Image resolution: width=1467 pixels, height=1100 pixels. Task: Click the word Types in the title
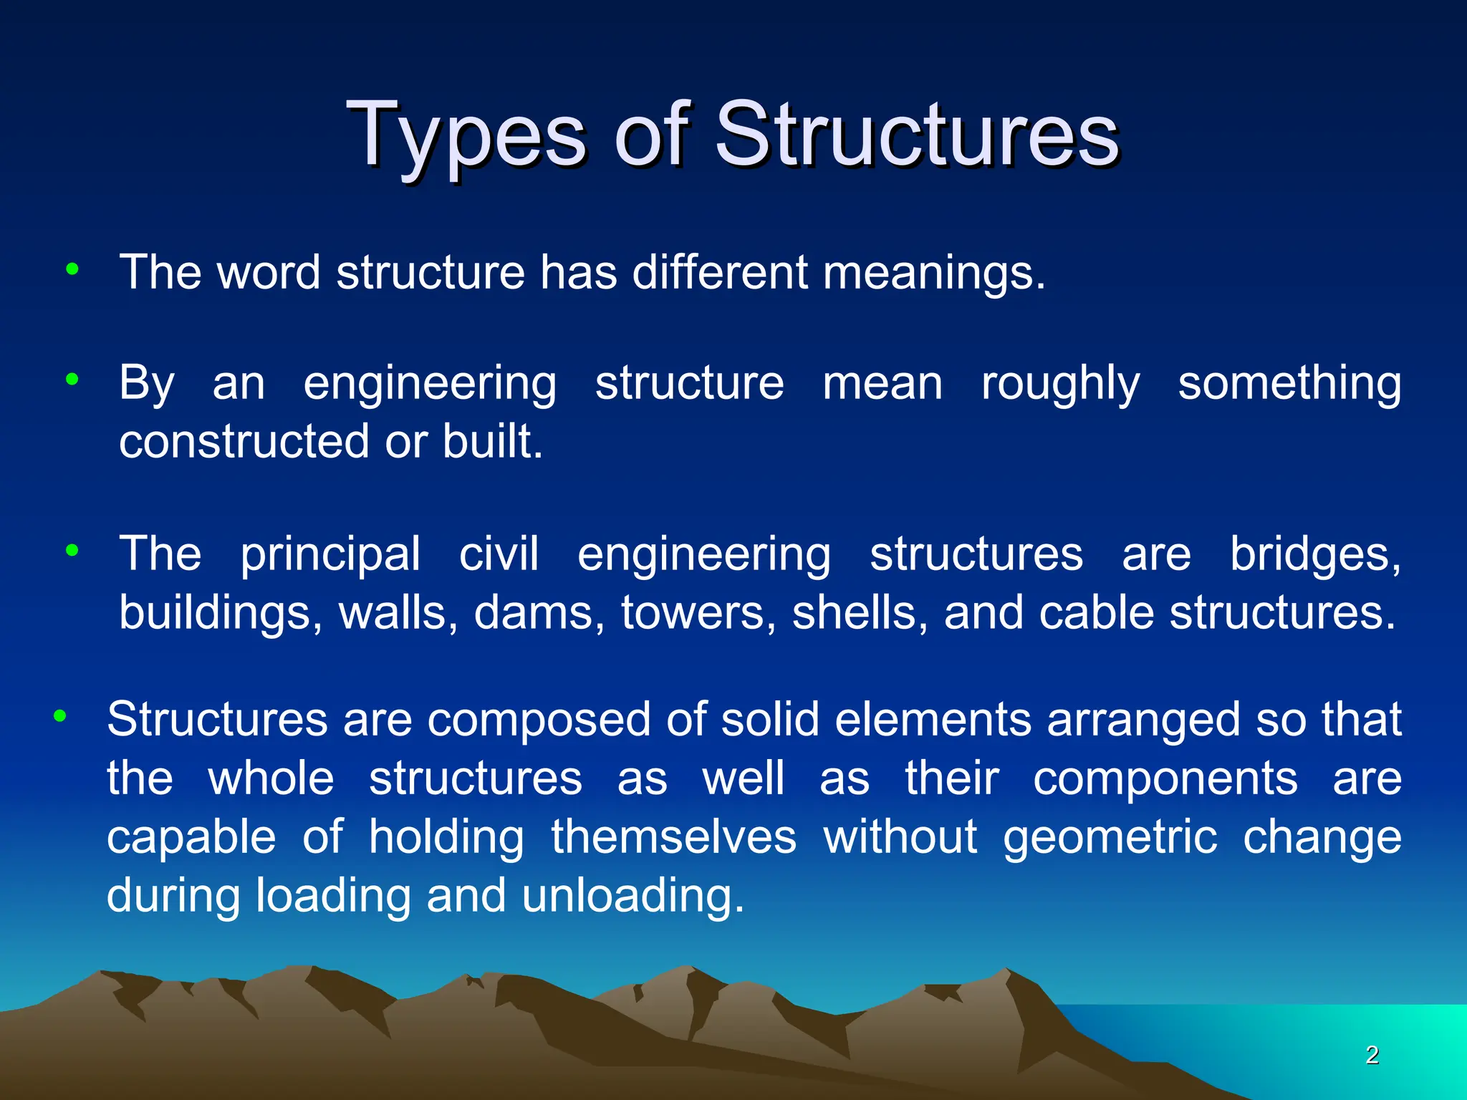[466, 136]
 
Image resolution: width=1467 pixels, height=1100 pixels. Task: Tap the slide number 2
[1372, 1054]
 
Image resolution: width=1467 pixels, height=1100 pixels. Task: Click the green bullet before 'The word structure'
[72, 270]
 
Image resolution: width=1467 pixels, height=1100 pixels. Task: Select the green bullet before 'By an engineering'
[72, 380]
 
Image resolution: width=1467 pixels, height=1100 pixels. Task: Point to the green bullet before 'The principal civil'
[72, 551]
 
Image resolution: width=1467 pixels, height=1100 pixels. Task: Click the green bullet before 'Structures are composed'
[60, 715]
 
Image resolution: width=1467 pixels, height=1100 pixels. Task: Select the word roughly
[1060, 385]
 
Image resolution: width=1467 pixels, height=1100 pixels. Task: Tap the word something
[1289, 385]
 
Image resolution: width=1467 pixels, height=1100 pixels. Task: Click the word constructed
[244, 441]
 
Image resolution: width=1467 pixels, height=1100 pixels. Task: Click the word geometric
[1110, 838]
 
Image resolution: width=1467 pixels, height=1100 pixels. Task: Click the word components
[1165, 778]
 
